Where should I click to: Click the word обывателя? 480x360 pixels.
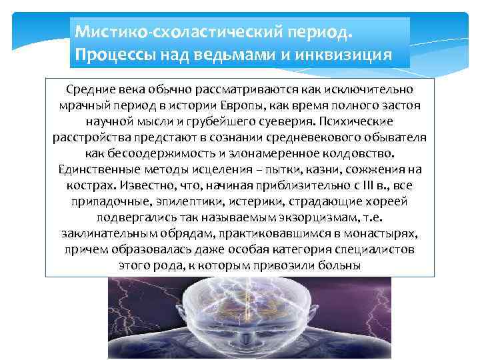click(390, 138)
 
